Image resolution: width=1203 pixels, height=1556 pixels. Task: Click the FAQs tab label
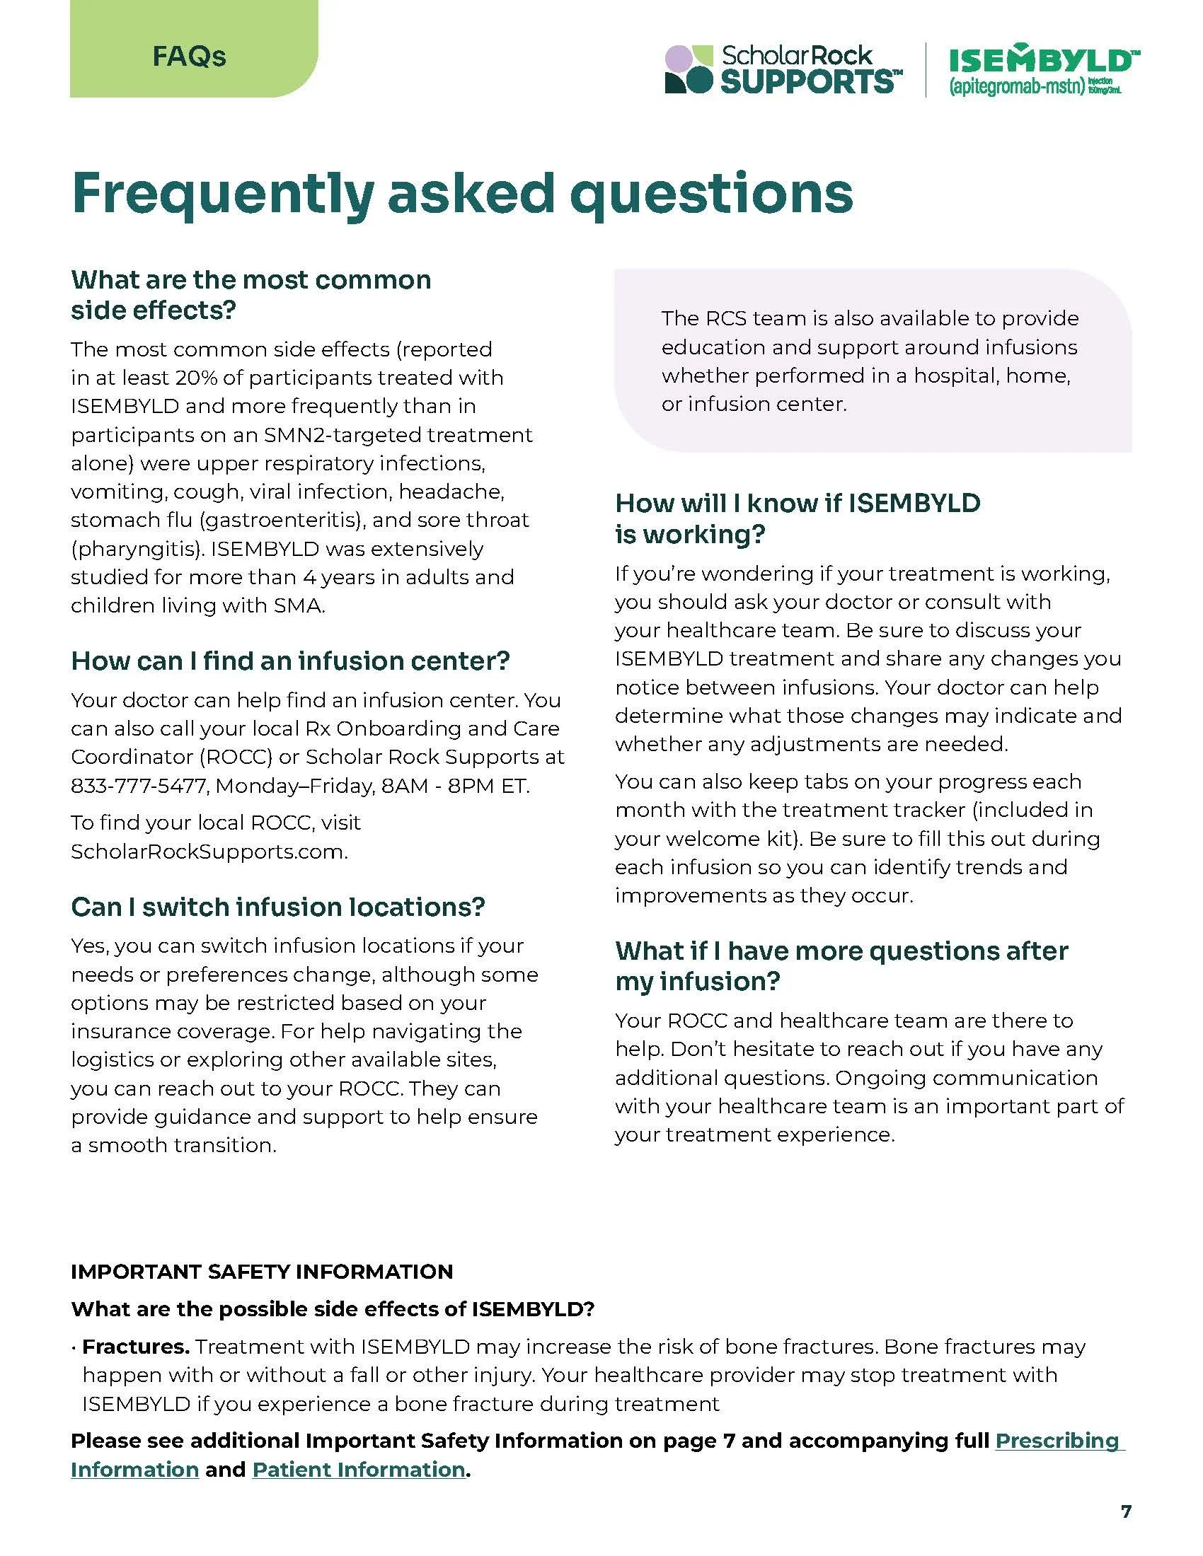tap(189, 57)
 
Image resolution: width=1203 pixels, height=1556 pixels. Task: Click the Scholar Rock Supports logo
tap(783, 69)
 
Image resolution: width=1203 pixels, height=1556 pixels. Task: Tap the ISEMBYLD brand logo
tap(1042, 69)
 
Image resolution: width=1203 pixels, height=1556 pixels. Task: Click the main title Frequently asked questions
tap(462, 194)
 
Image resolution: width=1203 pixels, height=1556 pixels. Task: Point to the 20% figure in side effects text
tap(196, 378)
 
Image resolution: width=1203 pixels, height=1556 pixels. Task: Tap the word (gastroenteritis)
tap(282, 520)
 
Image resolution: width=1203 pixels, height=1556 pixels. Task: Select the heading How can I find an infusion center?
tap(290, 661)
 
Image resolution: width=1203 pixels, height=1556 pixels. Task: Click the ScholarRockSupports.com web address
tap(208, 852)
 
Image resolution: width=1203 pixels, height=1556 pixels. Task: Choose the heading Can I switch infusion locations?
tap(278, 906)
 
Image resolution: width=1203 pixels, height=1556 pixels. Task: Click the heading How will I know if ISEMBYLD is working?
tap(797, 518)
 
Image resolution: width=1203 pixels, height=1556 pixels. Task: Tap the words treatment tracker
tap(885, 810)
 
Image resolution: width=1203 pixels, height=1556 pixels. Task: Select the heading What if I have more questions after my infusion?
tap(841, 965)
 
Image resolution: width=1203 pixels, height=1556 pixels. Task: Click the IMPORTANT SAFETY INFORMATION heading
tap(262, 1272)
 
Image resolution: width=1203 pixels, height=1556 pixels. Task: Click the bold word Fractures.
tap(135, 1347)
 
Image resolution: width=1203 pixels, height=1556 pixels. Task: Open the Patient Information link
tap(359, 1470)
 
